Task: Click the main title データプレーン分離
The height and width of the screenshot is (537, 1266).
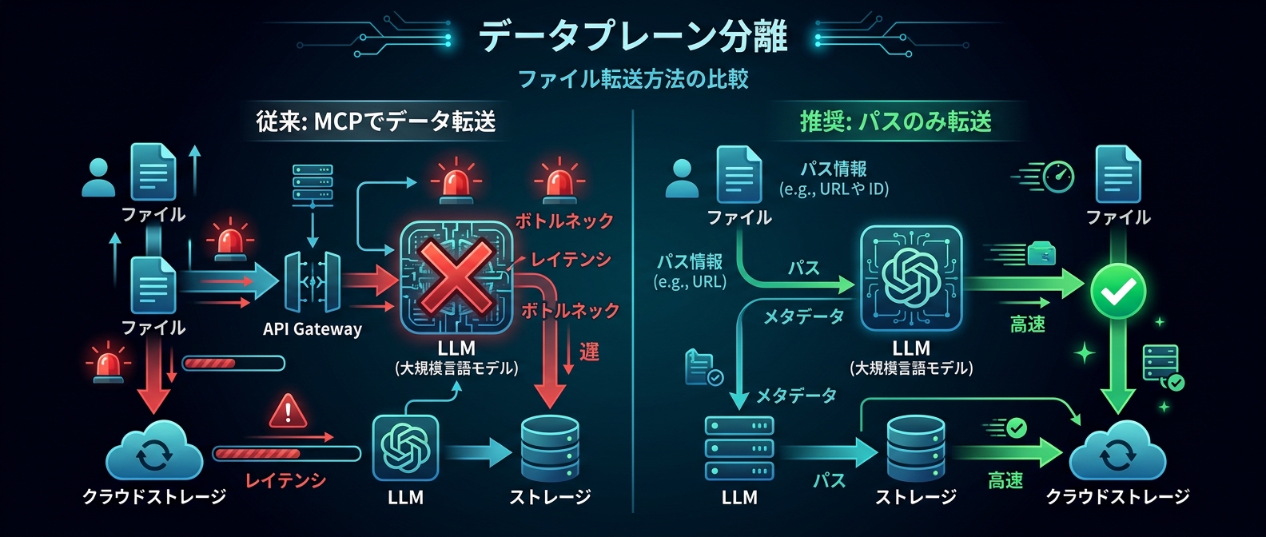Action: point(633,37)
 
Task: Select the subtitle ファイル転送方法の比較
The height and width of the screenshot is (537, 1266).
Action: point(633,79)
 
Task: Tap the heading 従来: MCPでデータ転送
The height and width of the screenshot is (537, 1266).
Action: point(376,121)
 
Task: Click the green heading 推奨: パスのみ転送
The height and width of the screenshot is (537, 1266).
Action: point(896,121)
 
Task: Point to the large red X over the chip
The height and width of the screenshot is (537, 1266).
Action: point(456,276)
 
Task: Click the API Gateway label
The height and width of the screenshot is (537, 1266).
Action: point(313,329)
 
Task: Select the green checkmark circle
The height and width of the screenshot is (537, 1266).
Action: point(1118,292)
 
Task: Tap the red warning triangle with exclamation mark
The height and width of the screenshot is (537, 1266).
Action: point(288,412)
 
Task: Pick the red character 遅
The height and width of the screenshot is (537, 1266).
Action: point(589,352)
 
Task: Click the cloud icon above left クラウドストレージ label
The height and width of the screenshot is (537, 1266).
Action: point(153,452)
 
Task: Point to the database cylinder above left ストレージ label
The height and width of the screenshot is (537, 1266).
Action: point(549,448)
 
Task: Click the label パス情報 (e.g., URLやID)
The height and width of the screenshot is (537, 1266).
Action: point(834,178)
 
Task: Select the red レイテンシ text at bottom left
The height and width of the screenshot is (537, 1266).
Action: point(285,480)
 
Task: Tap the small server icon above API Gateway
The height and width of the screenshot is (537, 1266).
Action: point(313,182)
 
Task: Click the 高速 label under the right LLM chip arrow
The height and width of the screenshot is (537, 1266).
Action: point(1027,324)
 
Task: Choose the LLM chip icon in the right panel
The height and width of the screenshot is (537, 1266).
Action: point(910,278)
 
